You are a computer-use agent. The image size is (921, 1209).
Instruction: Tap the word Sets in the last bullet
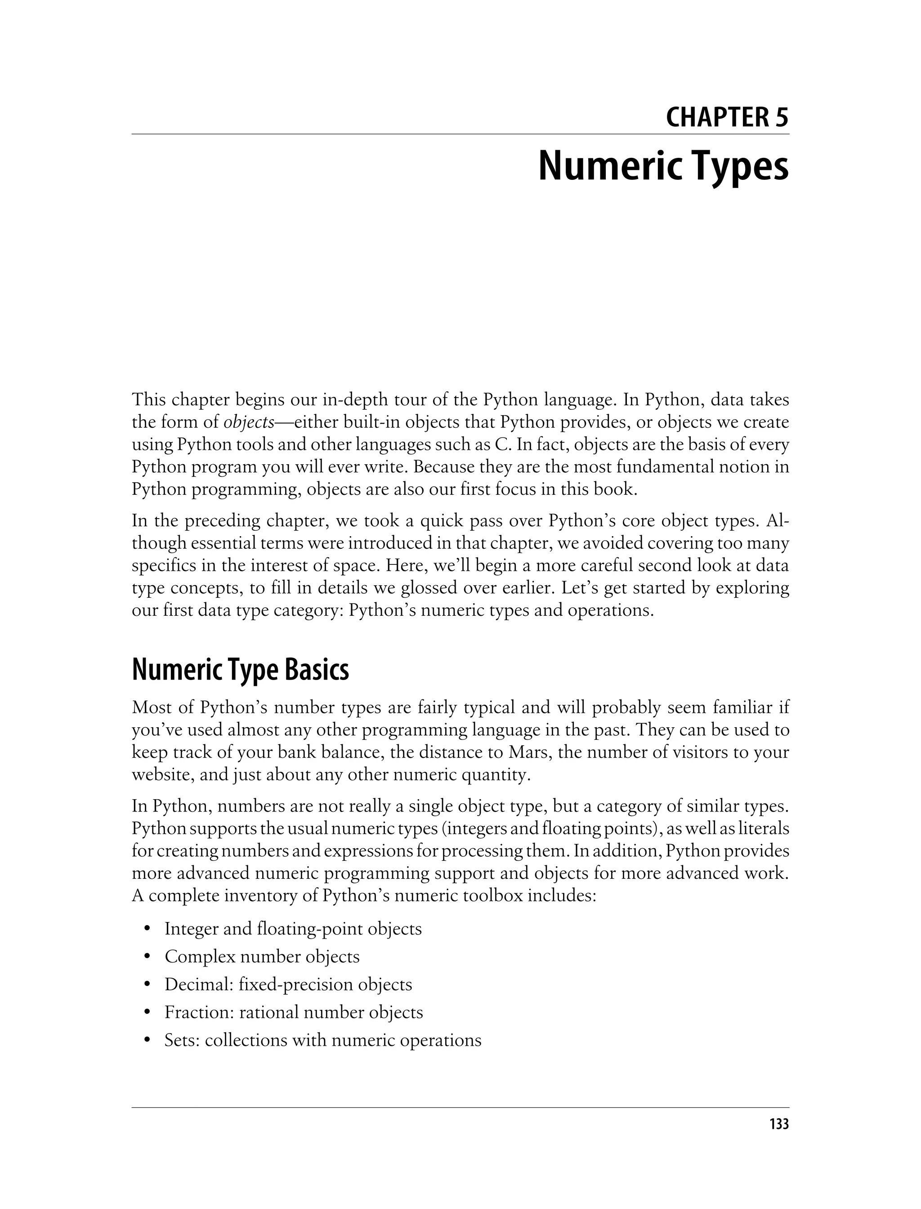(x=182, y=1040)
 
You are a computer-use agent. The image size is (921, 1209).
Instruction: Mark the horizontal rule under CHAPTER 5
(x=460, y=134)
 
